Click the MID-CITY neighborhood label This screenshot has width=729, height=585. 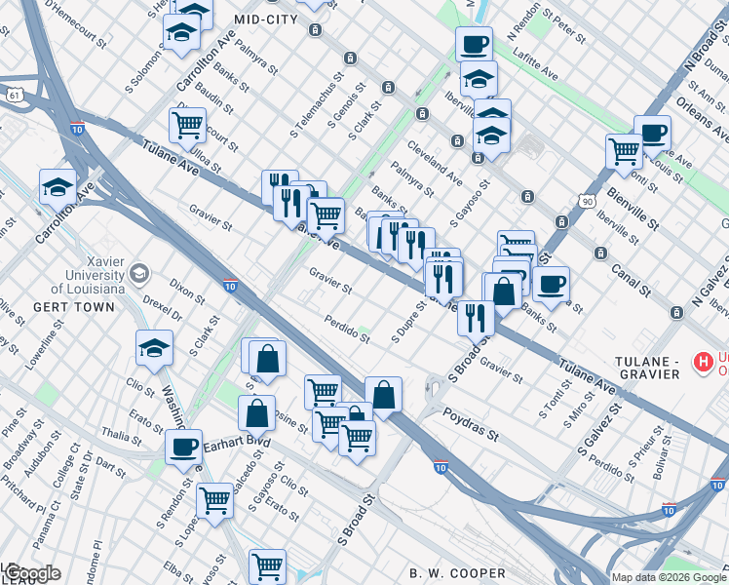(x=266, y=19)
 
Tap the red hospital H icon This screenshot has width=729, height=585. (x=701, y=363)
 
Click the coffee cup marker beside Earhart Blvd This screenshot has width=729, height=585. (x=183, y=447)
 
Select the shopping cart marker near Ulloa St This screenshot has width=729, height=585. (x=187, y=124)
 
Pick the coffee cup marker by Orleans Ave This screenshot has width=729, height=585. (x=652, y=132)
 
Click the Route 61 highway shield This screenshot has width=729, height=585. (x=13, y=95)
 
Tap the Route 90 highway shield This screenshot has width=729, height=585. (x=587, y=201)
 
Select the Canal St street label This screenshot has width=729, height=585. (x=633, y=281)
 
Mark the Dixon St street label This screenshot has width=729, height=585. (x=186, y=291)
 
